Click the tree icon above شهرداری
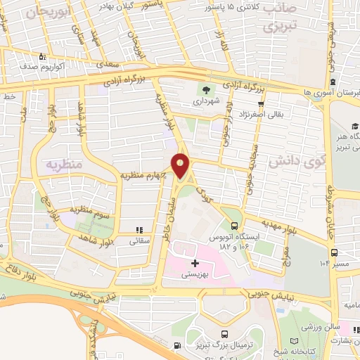pyautogui.click(x=206, y=90)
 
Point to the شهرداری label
pyautogui.click(x=206, y=101)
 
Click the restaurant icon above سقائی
pyautogui.click(x=139, y=229)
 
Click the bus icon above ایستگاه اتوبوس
pyautogui.click(x=234, y=226)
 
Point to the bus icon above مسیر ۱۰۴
pyautogui.click(x=335, y=252)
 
